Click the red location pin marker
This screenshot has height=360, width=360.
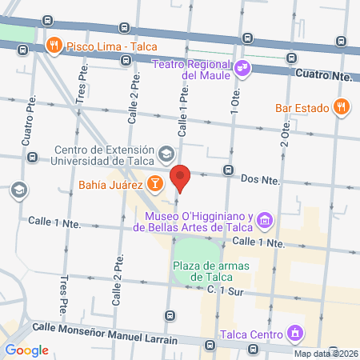181,178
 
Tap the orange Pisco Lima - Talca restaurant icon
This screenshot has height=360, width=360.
54,46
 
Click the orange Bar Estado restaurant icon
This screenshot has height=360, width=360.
342,106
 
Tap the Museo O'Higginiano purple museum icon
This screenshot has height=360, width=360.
266,218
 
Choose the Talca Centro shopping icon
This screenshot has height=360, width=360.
294,333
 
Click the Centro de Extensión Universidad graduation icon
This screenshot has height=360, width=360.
166,153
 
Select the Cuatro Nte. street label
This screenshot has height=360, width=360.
324,75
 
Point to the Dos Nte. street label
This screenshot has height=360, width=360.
260,181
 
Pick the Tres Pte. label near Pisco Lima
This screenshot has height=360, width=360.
82,84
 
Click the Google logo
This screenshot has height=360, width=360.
27,350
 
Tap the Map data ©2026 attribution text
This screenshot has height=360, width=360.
326,354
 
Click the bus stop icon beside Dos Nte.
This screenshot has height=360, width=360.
228,170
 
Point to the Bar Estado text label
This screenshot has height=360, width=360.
302,106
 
